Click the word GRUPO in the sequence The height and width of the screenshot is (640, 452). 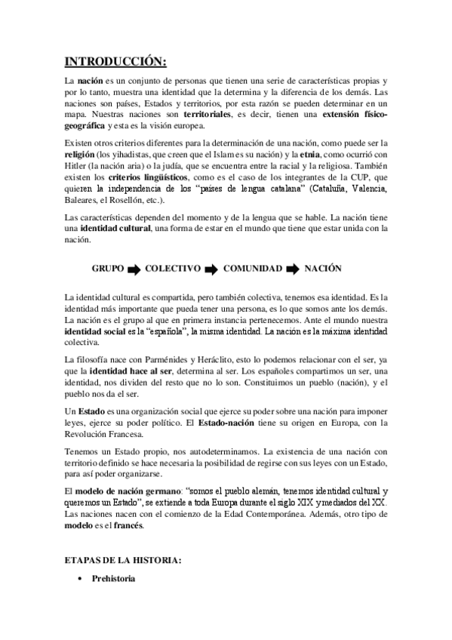coord(108,268)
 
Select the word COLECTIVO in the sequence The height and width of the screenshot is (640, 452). coord(173,268)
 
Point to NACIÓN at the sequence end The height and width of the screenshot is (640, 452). coord(324,268)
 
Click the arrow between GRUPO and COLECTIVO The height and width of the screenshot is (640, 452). coord(134,268)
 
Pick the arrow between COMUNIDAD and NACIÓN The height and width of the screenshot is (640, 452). coord(294,268)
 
